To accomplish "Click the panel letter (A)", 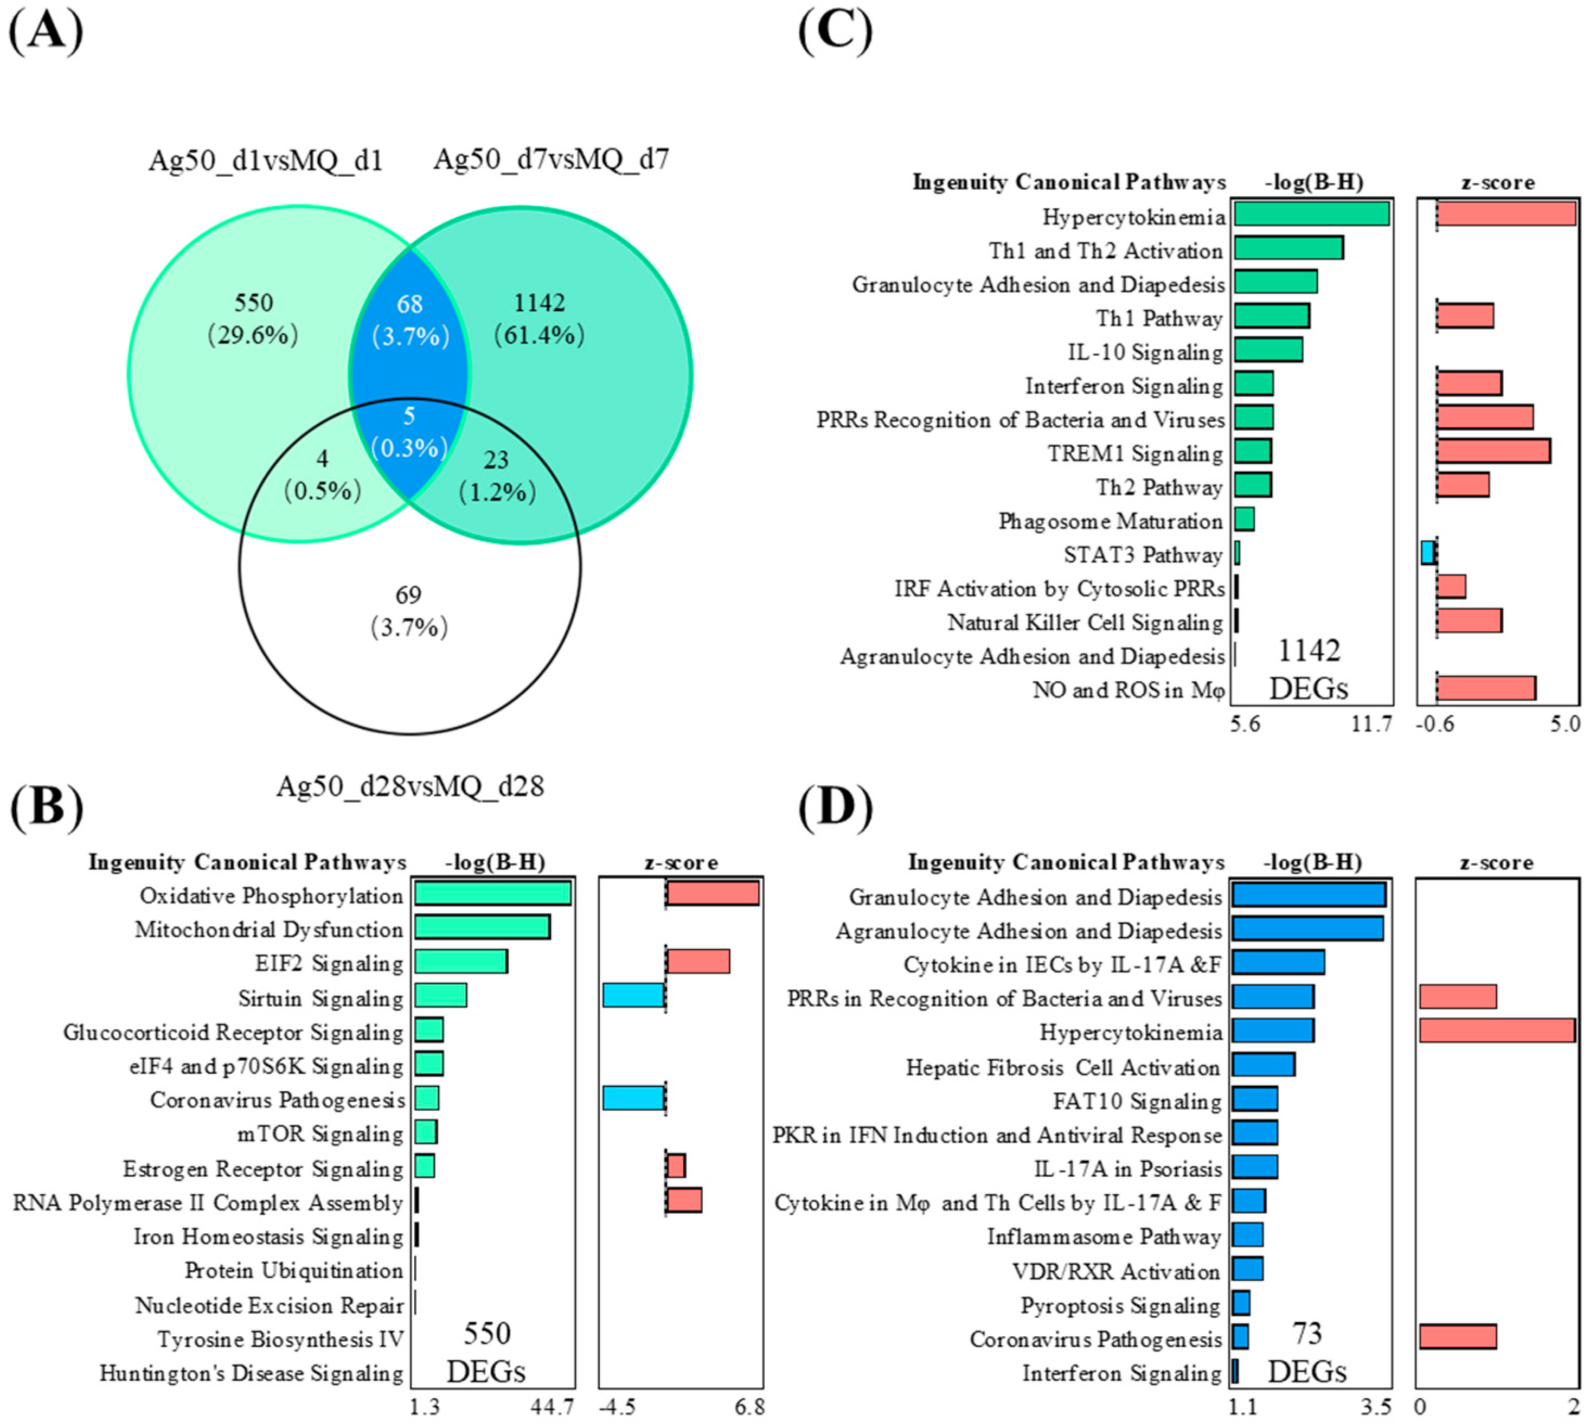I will pyautogui.click(x=46, y=33).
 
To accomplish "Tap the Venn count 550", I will pyautogui.click(x=253, y=303).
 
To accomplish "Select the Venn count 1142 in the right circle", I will pyautogui.click(x=539, y=303).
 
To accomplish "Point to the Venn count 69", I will pyautogui.click(x=408, y=595).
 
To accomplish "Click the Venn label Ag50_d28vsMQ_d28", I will pyautogui.click(x=409, y=786).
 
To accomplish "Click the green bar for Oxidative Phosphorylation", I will pyautogui.click(x=492, y=894).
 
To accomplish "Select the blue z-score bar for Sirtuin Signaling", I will pyautogui.click(x=634, y=996).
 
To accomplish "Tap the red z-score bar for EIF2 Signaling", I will pyautogui.click(x=698, y=962).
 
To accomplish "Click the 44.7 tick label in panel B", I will pyautogui.click(x=552, y=1407).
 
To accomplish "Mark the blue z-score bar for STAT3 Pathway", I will pyautogui.click(x=1428, y=553).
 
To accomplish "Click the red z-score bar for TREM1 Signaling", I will pyautogui.click(x=1493, y=451).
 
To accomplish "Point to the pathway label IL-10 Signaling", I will pyautogui.click(x=1145, y=353).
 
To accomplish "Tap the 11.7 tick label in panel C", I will pyautogui.click(x=1371, y=723).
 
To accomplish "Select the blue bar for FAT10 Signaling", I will pyautogui.click(x=1254, y=1099).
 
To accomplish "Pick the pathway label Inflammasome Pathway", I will pyautogui.click(x=1104, y=1237).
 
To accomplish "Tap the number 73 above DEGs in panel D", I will pyautogui.click(x=1307, y=1333).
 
